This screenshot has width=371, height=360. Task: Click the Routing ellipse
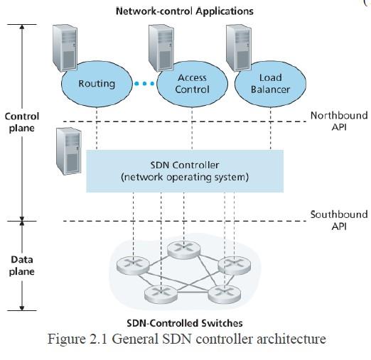pos(96,84)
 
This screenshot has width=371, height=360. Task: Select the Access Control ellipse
pos(192,84)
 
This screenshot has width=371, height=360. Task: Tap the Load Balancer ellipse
pos(267,84)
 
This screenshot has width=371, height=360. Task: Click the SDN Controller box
pos(185,170)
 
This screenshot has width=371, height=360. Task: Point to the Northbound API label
pos(338,121)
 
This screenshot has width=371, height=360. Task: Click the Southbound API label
pos(338,220)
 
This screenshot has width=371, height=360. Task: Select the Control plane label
pos(22,121)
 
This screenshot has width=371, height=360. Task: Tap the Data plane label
pos(22,266)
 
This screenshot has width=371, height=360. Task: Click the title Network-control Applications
pos(184,11)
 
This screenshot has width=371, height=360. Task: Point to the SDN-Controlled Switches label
pos(184,323)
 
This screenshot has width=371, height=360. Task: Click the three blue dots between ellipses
pos(144,84)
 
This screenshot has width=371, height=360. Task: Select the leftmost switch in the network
pos(129,265)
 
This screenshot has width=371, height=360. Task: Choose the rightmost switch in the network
pos(230,265)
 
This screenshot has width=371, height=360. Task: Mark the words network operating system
pos(185,177)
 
